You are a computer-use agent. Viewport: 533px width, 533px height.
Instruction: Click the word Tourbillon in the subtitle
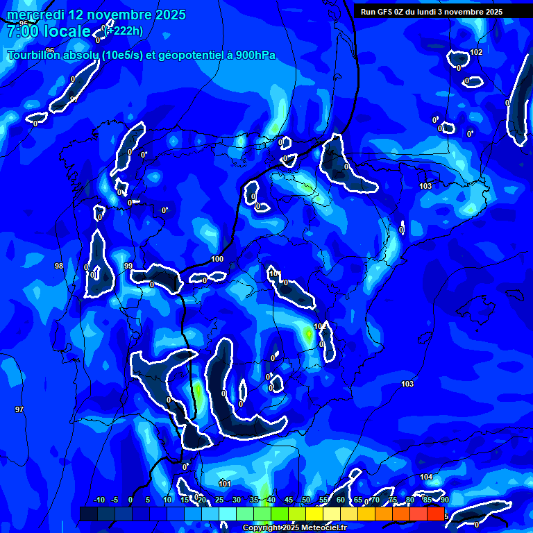(35, 55)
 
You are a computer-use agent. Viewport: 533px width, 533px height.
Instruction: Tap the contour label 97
(19, 409)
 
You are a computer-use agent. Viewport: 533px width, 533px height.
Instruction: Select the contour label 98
(59, 266)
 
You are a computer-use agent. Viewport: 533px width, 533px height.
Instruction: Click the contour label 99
(128, 266)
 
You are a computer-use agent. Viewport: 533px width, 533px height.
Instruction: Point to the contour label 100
(217, 259)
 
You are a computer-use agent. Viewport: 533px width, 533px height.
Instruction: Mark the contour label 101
(225, 483)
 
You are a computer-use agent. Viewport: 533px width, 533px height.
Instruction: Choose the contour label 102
(476, 53)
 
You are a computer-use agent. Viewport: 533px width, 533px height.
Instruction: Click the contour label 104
(426, 477)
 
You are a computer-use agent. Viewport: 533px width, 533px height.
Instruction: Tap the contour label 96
(50, 50)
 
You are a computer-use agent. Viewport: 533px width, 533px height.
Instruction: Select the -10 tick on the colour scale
(99, 500)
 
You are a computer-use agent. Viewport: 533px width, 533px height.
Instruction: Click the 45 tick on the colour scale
(289, 500)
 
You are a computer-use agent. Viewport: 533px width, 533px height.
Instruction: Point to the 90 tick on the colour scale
(444, 500)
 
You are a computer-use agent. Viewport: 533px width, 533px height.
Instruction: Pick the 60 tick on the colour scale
(341, 500)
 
